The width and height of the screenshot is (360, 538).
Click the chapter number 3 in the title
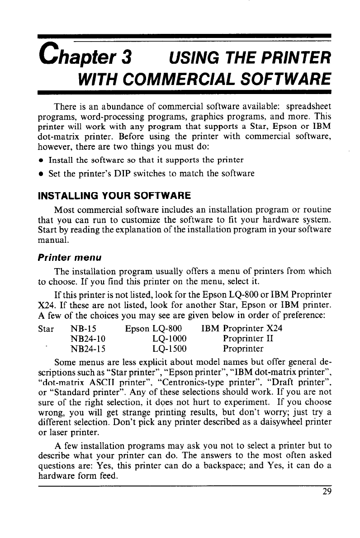(127, 57)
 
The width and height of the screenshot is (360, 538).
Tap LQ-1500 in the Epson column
(170, 349)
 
